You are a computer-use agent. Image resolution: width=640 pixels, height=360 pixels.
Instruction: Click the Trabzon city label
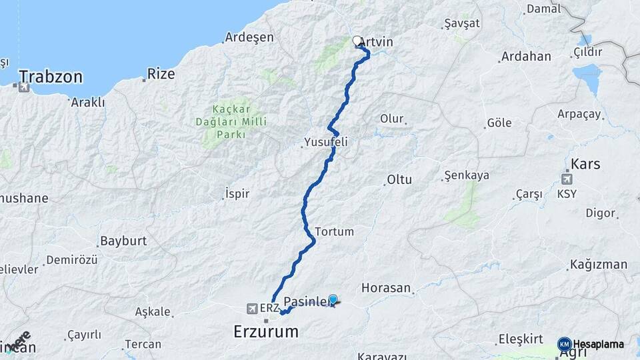(x=51, y=77)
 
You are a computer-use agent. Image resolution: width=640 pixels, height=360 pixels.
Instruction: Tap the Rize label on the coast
(x=160, y=73)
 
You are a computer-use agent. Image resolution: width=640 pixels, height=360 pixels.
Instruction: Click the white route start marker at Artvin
(x=357, y=41)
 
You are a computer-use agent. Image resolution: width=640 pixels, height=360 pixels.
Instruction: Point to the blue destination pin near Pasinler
(x=333, y=300)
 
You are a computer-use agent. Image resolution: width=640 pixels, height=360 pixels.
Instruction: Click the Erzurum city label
(x=265, y=331)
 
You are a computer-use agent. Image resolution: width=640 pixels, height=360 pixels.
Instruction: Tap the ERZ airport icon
(x=252, y=309)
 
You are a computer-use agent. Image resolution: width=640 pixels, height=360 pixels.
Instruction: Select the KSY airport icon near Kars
(x=567, y=179)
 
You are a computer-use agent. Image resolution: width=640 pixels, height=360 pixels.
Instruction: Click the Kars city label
(x=586, y=163)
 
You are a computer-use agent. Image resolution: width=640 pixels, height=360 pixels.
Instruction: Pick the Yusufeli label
(x=326, y=142)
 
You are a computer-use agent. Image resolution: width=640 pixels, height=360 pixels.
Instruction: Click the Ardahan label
(x=526, y=56)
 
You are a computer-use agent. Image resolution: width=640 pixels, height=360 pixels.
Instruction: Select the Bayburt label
(x=123, y=241)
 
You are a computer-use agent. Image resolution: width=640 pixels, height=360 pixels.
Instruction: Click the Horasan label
(x=385, y=288)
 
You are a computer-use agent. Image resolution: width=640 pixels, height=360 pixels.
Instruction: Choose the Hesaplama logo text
(x=599, y=345)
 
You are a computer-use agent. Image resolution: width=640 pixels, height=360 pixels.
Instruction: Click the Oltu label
(x=399, y=179)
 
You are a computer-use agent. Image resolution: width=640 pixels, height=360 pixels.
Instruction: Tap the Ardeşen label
(x=249, y=37)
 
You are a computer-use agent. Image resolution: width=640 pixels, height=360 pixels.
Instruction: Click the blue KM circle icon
(x=564, y=344)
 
